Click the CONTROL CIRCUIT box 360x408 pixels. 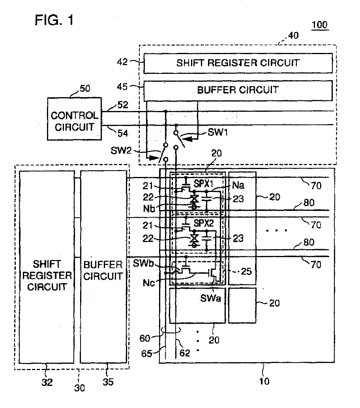tap(74, 119)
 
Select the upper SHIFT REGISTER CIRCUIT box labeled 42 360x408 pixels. tap(238, 63)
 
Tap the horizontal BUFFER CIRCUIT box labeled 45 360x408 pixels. tap(238, 90)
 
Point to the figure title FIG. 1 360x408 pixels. tap(54, 20)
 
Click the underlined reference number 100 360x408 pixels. tap(319, 25)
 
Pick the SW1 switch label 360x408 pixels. tap(218, 132)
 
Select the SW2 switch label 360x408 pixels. tap(121, 150)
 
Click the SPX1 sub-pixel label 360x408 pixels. tap(203, 184)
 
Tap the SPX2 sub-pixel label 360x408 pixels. tap(204, 223)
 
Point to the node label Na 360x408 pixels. tap(238, 185)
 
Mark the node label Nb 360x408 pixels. tap(149, 209)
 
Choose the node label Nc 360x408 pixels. tap(149, 283)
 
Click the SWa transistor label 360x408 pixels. tap(210, 298)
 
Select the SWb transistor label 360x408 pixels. tap(143, 263)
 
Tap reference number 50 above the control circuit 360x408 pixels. tap(85, 88)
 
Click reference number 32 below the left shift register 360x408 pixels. tap(47, 382)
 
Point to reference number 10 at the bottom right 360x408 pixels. tap(264, 381)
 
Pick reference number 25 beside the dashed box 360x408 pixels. tap(246, 271)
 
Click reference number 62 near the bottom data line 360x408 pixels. tap(185, 353)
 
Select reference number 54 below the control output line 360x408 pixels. tap(123, 133)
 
